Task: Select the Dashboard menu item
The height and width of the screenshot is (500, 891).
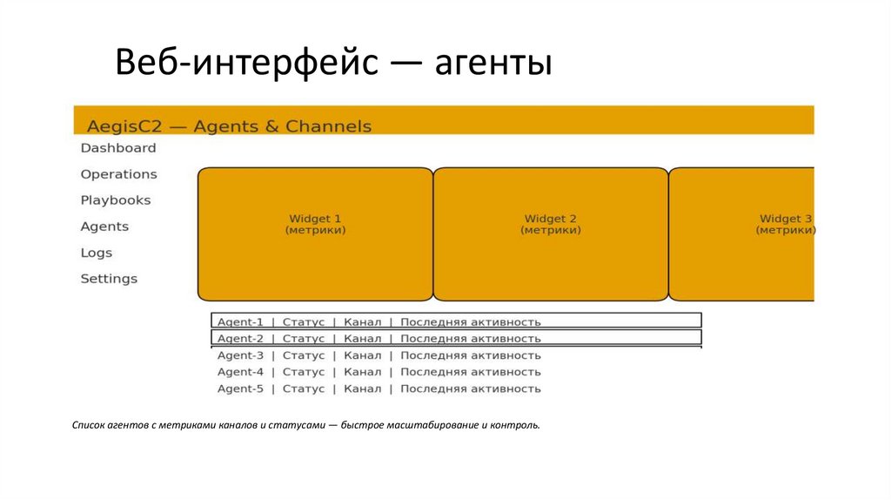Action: (118, 148)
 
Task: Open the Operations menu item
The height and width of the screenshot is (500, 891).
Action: (119, 174)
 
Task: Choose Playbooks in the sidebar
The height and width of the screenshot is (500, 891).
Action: (116, 200)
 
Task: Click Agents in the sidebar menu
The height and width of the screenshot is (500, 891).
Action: (104, 226)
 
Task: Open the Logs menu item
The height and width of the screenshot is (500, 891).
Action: (97, 253)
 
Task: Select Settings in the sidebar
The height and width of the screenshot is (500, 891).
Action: (109, 279)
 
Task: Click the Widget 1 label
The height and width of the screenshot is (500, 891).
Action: (315, 219)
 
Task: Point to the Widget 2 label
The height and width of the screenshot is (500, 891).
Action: (551, 219)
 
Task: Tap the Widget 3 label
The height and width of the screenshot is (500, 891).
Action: (786, 219)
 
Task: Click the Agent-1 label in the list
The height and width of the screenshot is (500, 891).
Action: (240, 321)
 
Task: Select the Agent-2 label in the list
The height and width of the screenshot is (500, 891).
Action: (240, 338)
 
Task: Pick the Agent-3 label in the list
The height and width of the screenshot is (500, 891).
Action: (240, 355)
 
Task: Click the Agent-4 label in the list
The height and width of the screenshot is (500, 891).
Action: (240, 372)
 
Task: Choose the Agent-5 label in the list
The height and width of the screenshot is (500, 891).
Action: (240, 389)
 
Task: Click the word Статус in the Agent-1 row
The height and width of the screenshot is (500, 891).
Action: (304, 321)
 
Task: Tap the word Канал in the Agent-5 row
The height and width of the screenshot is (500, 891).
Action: (362, 389)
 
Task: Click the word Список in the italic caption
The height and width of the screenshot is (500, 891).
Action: (89, 426)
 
